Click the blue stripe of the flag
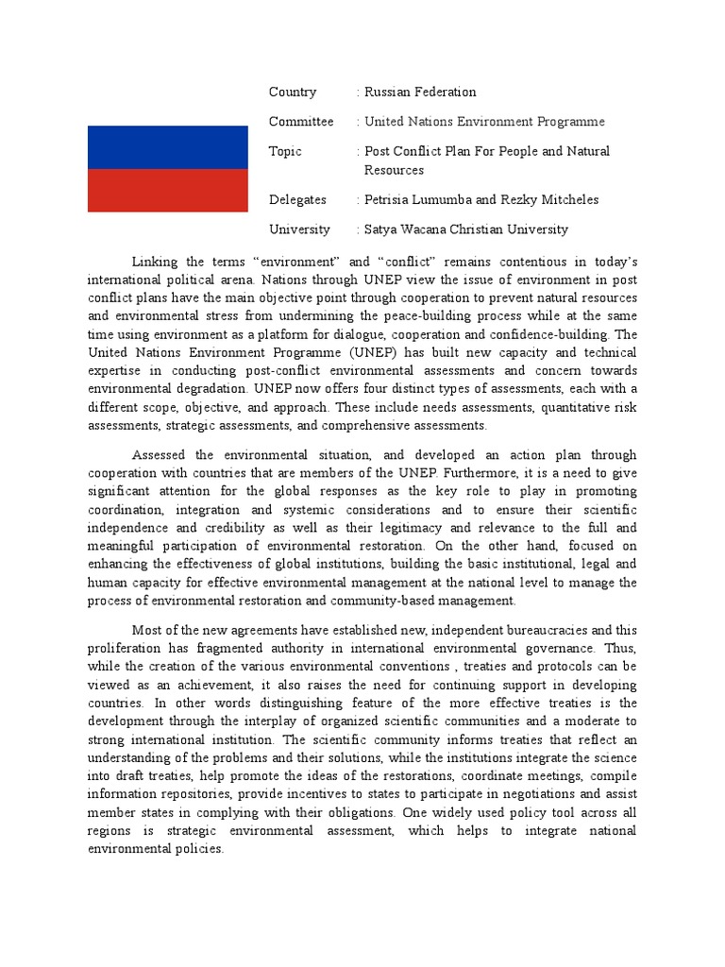[168, 147]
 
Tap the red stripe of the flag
[168, 190]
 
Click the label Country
[293, 92]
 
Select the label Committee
[301, 122]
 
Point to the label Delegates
[297, 199]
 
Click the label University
[299, 229]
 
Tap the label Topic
[285, 151]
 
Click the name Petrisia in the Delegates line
[389, 199]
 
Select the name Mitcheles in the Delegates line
[565, 199]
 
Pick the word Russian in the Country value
[388, 92]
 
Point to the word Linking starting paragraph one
[154, 262]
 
